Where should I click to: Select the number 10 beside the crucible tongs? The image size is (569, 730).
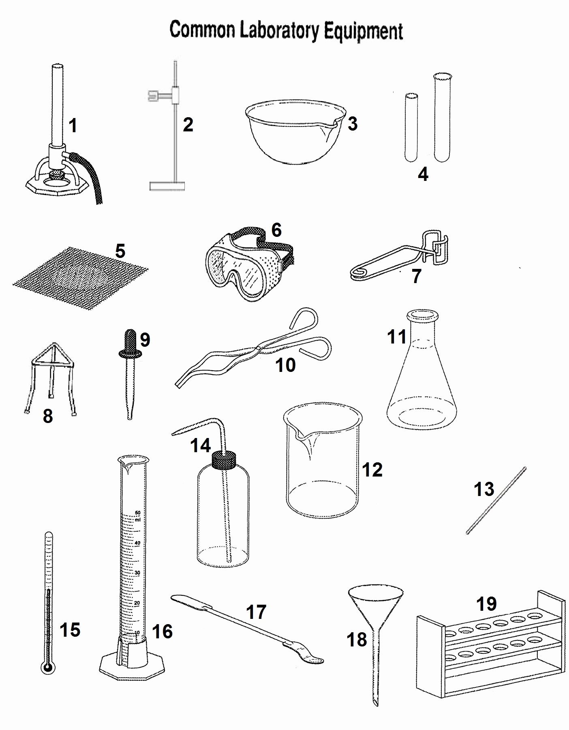coord(285,365)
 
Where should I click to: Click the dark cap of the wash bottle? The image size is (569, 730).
coord(224,459)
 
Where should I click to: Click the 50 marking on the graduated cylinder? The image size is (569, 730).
coord(137,512)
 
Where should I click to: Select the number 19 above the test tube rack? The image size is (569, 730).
coord(486,603)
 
